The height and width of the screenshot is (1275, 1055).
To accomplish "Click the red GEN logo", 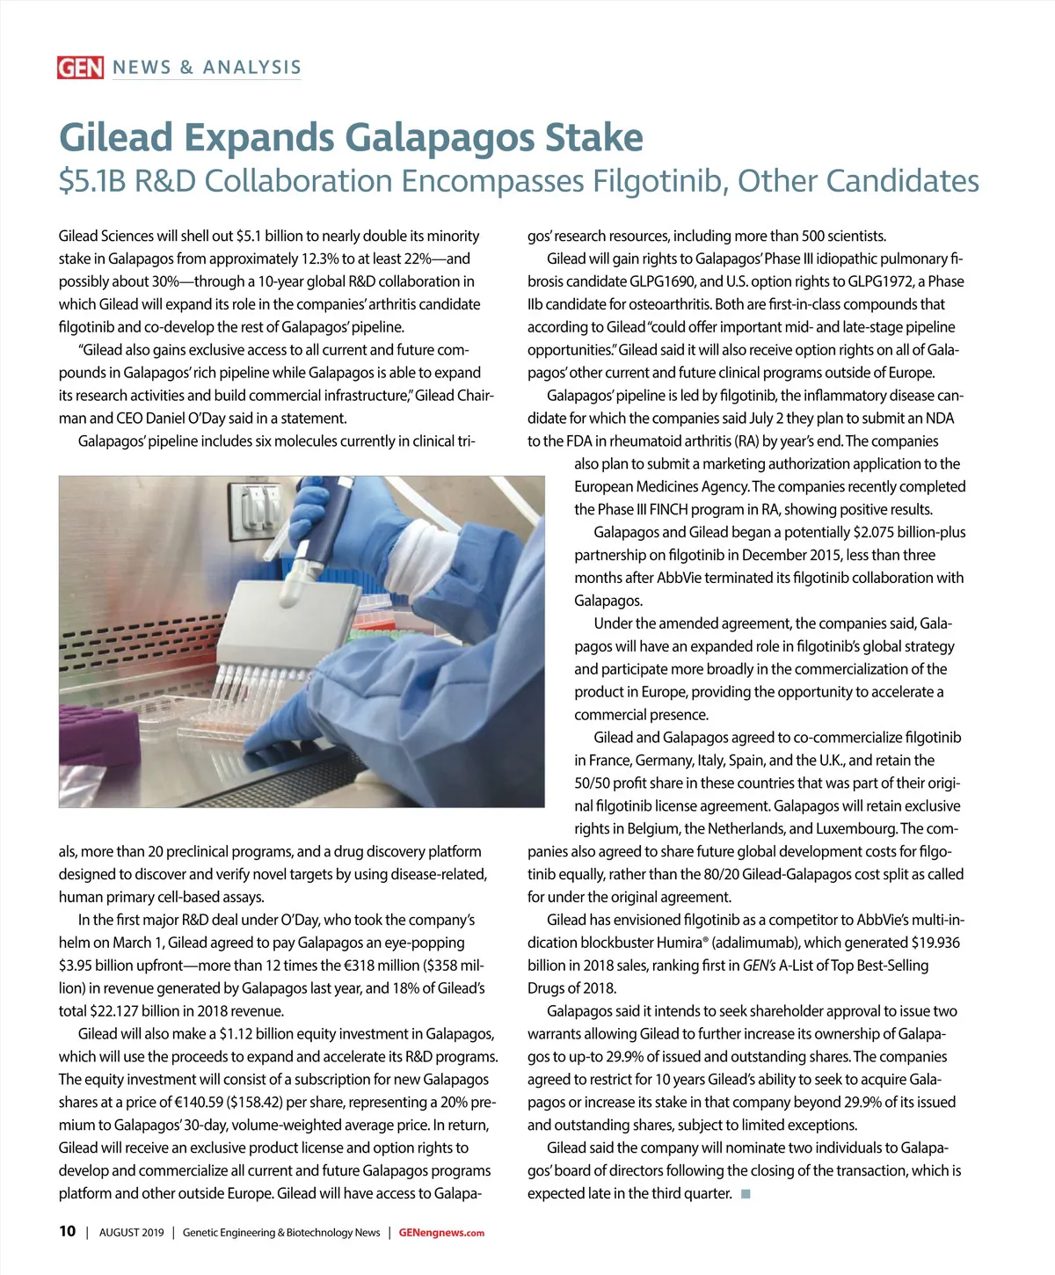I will tap(80, 68).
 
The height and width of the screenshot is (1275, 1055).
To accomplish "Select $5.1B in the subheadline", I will tap(93, 181).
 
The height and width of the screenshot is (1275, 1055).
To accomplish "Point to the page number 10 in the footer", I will tap(68, 1231).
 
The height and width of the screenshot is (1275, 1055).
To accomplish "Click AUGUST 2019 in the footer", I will tap(131, 1233).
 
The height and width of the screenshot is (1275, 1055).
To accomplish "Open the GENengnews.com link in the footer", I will tap(441, 1233).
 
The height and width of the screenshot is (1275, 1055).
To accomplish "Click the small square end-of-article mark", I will tap(746, 1193).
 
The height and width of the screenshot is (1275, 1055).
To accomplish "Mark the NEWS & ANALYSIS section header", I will tap(207, 68).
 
